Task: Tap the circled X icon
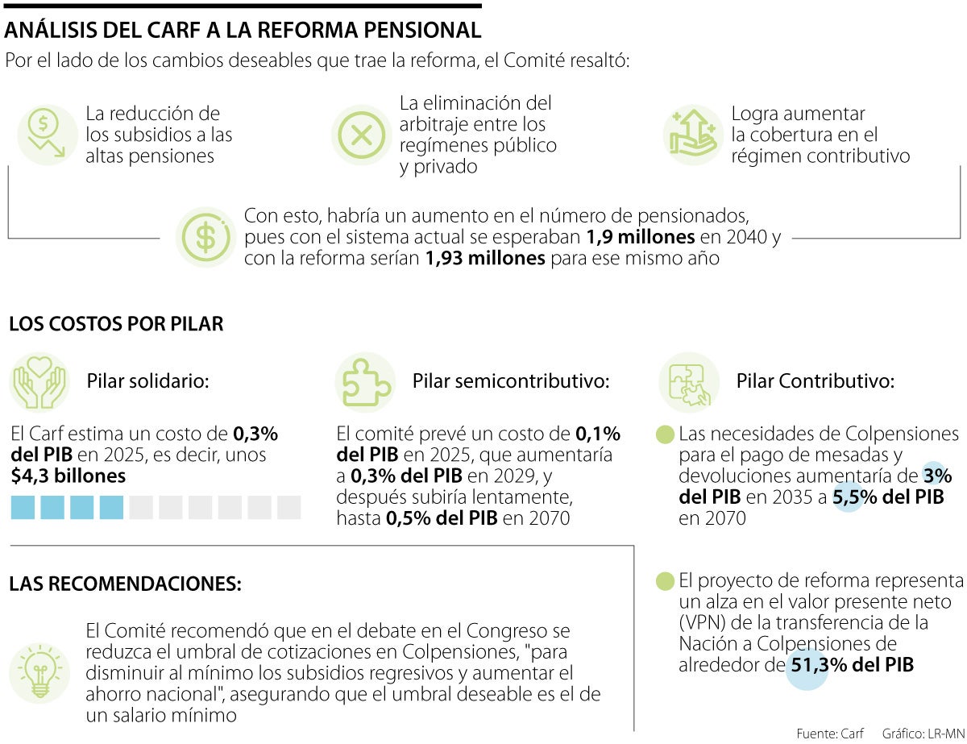click(361, 135)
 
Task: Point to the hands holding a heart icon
click(39, 382)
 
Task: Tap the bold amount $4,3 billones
click(68, 476)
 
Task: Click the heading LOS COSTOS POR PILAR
click(116, 325)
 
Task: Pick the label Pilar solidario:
click(147, 380)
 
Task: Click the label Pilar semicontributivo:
click(511, 380)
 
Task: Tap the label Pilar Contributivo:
click(815, 380)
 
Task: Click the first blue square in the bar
click(23, 508)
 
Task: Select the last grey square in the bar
click(288, 508)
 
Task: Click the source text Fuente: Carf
click(830, 734)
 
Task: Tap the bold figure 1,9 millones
click(640, 238)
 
